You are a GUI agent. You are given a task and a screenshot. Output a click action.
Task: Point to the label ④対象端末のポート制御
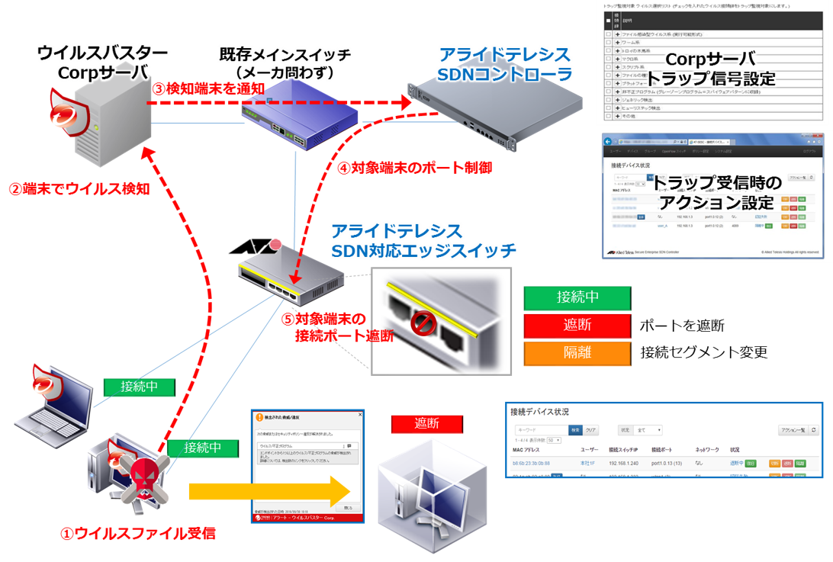(x=404, y=168)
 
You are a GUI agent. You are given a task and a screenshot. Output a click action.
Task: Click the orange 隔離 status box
(x=576, y=354)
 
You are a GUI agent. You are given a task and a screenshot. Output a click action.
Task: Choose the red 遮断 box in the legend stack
(x=576, y=326)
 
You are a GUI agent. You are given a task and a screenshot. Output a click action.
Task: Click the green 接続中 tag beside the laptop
(x=139, y=387)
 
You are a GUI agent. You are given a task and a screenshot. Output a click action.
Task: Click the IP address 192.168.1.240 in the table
(x=628, y=463)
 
